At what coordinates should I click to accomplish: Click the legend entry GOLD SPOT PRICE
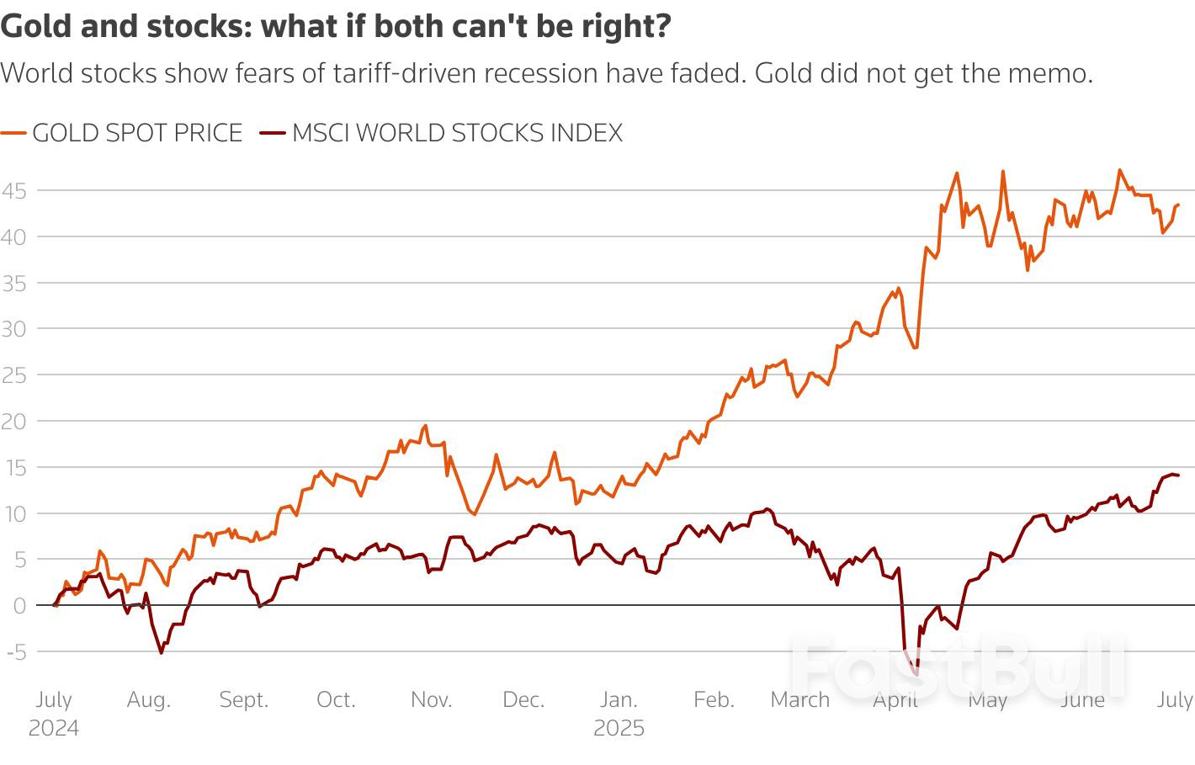(x=137, y=133)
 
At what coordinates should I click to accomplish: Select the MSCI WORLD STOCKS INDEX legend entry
(x=457, y=133)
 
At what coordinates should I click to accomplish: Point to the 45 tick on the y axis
(x=13, y=191)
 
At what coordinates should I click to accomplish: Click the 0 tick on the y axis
(x=19, y=605)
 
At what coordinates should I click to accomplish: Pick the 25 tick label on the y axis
(x=13, y=375)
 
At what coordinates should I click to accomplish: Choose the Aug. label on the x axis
(x=148, y=700)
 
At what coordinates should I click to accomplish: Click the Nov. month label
(x=431, y=700)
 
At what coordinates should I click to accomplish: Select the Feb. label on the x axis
(x=714, y=700)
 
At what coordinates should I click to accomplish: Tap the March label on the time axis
(x=799, y=700)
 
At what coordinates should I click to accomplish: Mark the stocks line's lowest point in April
(x=916, y=674)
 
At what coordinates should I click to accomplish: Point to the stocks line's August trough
(x=162, y=653)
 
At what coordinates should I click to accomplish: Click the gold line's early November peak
(x=426, y=426)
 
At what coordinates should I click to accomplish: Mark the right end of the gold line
(x=1178, y=205)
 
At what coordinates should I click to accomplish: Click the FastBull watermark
(x=959, y=669)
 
